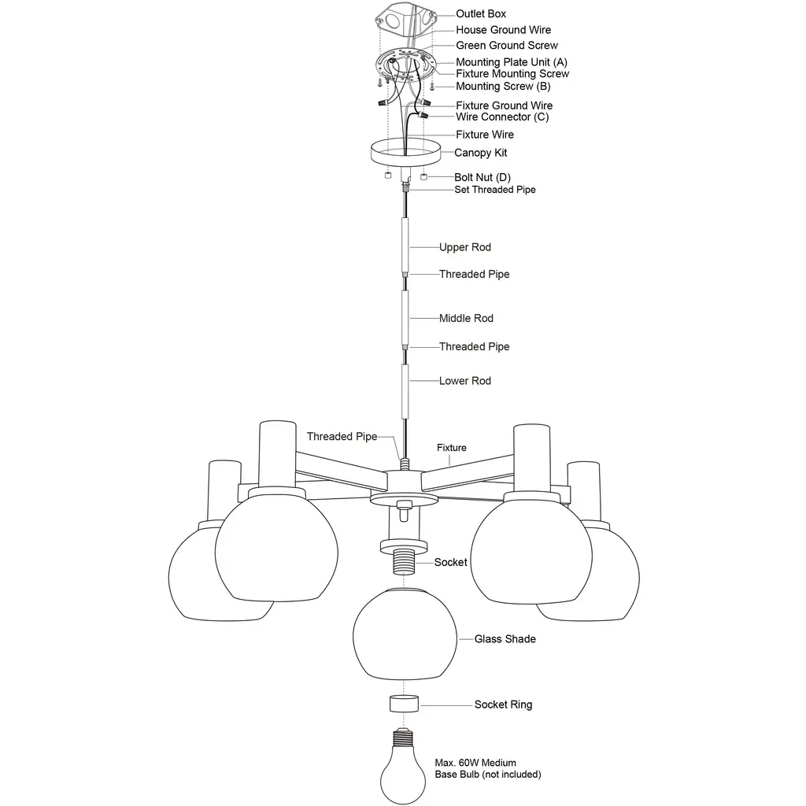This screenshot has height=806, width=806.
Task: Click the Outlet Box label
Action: [481, 13]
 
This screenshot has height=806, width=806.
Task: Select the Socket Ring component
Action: [404, 704]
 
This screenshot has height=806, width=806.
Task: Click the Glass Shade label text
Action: [505, 638]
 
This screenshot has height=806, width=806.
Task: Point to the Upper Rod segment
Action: [404, 245]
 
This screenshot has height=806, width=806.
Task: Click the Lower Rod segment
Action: [404, 390]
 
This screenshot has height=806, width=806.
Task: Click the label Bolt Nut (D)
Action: [482, 177]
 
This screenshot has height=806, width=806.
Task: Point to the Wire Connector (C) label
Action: [502, 116]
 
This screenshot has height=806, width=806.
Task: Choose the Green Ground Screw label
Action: [507, 45]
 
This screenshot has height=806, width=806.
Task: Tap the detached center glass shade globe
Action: [404, 632]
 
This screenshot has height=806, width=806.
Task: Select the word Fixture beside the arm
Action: [452, 447]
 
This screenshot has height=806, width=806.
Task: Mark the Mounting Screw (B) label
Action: [503, 86]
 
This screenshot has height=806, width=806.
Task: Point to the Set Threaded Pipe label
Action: [494, 190]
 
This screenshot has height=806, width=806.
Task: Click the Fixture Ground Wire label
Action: [504, 105]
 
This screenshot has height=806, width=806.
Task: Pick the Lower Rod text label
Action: [464, 380]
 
